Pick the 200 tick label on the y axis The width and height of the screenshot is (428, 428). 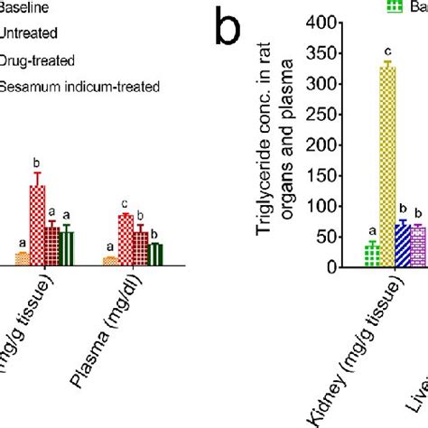click(x=317, y=145)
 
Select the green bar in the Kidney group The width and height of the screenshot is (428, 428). click(x=371, y=256)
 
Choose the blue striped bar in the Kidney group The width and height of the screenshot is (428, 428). click(x=403, y=246)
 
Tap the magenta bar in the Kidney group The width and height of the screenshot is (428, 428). click(x=417, y=247)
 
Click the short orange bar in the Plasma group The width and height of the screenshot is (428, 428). click(x=110, y=261)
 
